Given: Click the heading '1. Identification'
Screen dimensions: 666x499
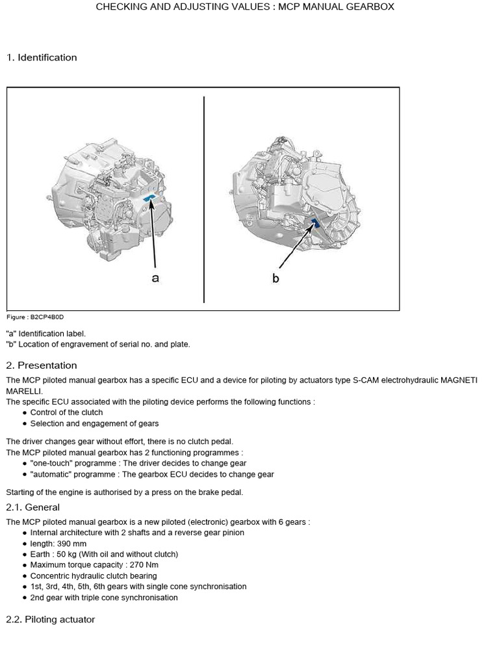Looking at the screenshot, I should click(42, 57).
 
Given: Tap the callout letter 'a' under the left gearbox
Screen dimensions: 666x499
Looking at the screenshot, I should click(155, 278).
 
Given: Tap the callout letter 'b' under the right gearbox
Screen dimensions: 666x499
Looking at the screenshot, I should click(275, 278).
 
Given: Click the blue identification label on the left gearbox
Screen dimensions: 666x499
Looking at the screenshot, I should click(149, 197).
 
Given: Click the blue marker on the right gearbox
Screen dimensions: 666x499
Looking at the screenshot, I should click(315, 224).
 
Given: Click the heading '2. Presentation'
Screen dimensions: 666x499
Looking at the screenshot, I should click(42, 365).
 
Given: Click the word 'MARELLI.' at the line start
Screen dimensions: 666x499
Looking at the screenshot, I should click(25, 391).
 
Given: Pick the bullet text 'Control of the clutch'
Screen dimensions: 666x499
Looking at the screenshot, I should click(66, 412).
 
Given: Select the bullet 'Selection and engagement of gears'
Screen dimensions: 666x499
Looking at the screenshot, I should click(94, 423).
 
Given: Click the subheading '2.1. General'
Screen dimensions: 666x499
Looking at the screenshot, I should click(32, 507).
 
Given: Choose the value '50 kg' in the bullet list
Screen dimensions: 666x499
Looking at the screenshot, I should click(67, 554).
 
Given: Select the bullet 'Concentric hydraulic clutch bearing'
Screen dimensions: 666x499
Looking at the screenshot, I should click(94, 576).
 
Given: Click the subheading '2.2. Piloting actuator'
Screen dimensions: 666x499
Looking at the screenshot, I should click(51, 619).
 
